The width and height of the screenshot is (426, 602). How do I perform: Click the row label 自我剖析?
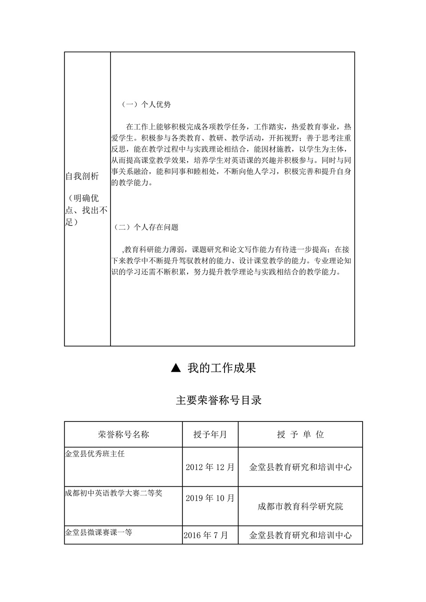[x=82, y=177]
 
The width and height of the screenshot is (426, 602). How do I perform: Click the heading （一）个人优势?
[x=146, y=105]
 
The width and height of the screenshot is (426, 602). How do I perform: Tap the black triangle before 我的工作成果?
[x=176, y=368]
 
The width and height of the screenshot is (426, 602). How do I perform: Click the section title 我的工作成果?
[x=221, y=368]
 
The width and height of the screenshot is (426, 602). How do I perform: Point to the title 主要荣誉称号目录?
[x=219, y=400]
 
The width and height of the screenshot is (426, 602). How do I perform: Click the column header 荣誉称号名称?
[x=123, y=434]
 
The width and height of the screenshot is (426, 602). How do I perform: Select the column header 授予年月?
[x=210, y=434]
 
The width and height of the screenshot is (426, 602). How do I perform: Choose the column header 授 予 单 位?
[x=300, y=434]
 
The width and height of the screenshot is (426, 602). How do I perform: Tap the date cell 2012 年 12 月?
[x=210, y=467]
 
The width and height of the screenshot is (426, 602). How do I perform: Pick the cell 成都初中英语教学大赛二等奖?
[x=114, y=492]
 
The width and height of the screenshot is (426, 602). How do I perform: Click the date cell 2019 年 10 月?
[x=210, y=498]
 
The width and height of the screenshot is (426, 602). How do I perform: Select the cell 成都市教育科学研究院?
[x=300, y=506]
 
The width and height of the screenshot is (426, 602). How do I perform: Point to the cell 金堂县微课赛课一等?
[x=99, y=532]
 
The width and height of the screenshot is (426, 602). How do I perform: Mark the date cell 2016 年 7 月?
[x=206, y=535]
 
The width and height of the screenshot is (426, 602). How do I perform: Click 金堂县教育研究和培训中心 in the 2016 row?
[x=300, y=535]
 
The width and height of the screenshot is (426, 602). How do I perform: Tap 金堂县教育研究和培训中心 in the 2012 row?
[x=300, y=467]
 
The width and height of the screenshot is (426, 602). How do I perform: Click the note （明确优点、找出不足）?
[x=87, y=210]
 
